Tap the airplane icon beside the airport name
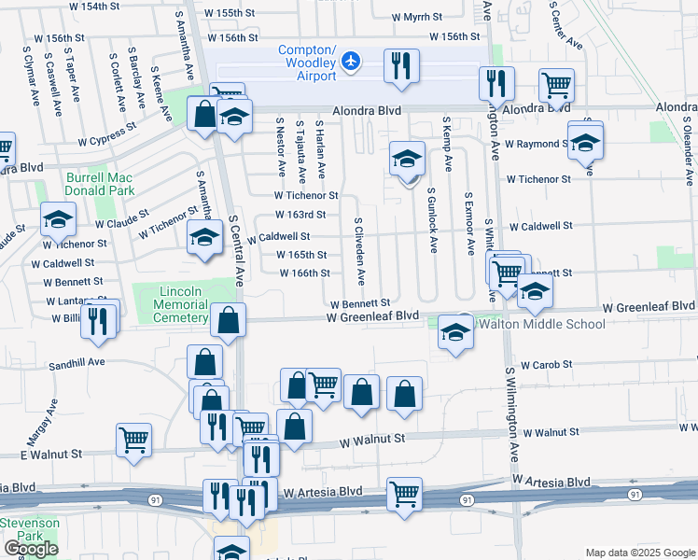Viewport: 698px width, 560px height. tap(351, 61)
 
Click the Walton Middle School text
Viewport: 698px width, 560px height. tap(540, 324)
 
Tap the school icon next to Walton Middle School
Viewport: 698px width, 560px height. tap(454, 333)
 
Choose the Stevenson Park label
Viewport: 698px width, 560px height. tap(30, 530)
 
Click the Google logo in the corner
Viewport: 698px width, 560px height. tap(30, 549)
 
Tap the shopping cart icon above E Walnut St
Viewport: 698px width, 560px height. tap(133, 438)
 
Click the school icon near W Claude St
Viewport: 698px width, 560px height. tap(58, 219)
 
